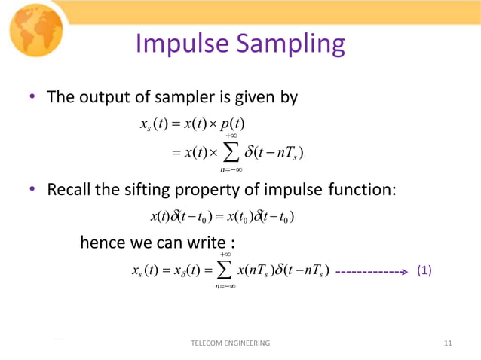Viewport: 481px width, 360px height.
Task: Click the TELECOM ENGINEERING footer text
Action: coord(231,343)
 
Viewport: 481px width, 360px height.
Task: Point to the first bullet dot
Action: coord(32,98)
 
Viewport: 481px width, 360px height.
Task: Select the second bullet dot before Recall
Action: coord(32,189)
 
